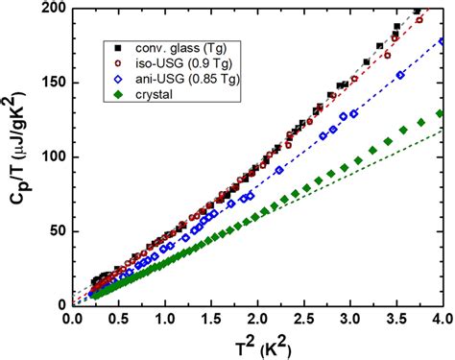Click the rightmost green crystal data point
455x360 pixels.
pos(441,113)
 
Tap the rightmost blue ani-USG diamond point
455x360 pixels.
pos(441,42)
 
